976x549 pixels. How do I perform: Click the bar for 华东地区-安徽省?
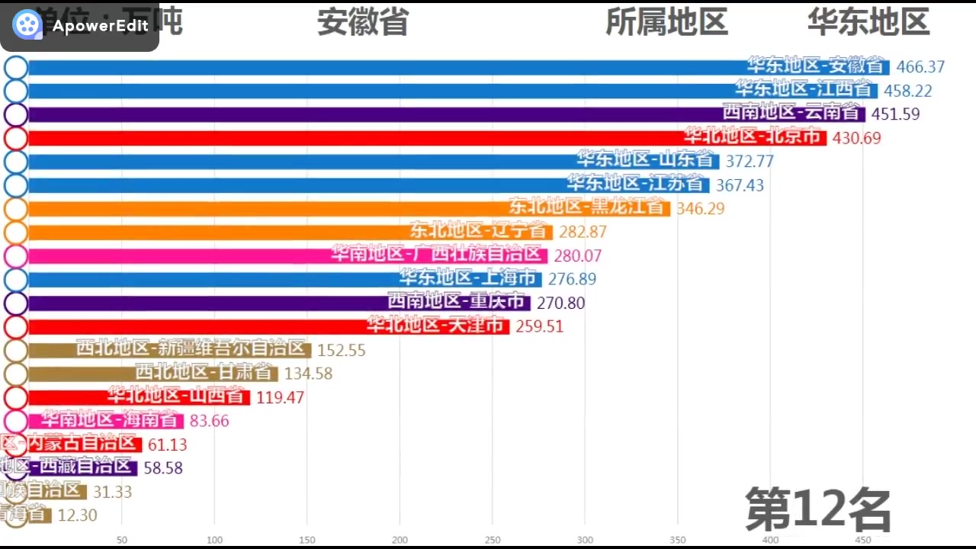coord(457,67)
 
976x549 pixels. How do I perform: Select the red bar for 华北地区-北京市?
coord(427,138)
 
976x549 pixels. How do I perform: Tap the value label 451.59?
coord(894,114)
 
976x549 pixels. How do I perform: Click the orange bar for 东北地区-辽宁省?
coord(290,232)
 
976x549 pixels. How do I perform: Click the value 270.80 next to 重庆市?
coord(560,303)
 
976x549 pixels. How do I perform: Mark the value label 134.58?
coord(308,374)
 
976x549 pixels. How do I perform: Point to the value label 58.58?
coord(163,467)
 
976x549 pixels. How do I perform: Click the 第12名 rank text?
coord(818,509)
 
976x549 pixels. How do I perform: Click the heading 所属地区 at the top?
coord(666,21)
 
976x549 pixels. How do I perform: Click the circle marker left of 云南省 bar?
coord(16,114)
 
